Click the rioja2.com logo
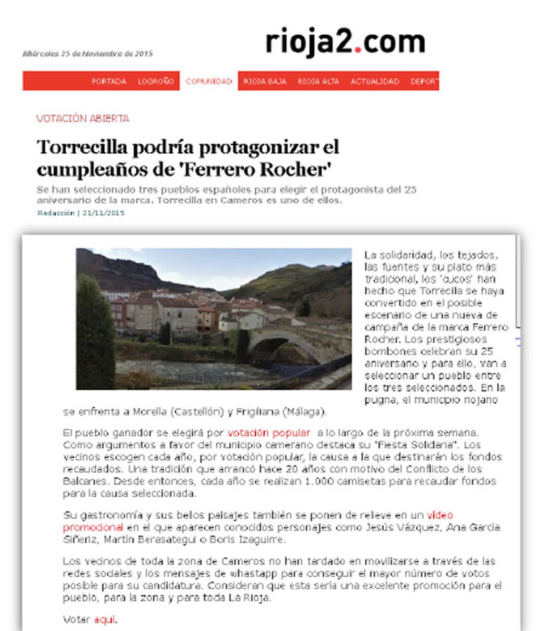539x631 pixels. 345,43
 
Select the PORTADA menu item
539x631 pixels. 109,82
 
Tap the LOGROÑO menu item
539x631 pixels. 156,82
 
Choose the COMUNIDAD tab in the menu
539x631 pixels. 209,82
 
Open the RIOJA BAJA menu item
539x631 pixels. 265,82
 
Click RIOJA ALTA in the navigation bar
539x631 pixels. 318,82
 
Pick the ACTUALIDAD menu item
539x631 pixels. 375,82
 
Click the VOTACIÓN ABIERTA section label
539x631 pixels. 83,119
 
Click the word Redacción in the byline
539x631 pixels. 56,213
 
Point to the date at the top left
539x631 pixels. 87,54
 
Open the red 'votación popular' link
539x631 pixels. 268,433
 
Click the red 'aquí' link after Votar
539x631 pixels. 104,619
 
